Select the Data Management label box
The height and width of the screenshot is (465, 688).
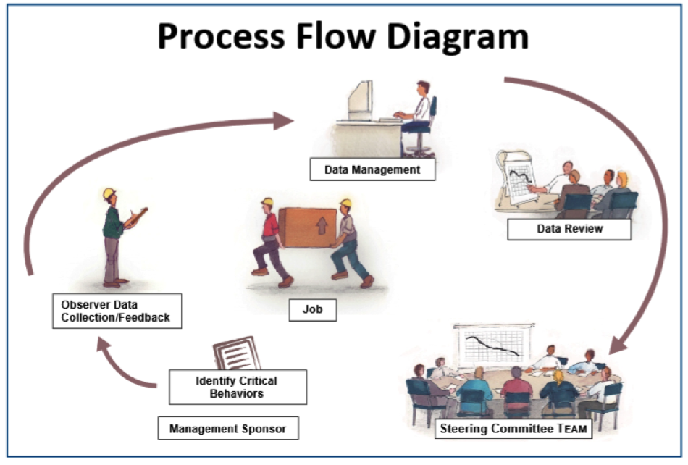coord(372,170)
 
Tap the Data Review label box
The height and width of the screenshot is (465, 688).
coord(569,229)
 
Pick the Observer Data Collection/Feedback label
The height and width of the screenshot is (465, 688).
coord(117,310)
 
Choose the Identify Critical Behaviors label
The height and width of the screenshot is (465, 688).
coord(237,387)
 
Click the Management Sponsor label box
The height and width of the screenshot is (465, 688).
coord(227,429)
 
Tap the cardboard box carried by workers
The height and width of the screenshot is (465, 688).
coord(308,227)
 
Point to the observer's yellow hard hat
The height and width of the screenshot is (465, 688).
coord(109,193)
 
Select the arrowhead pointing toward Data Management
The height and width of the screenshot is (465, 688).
coord(284,120)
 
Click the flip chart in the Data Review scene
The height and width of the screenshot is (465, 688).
coord(520,178)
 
